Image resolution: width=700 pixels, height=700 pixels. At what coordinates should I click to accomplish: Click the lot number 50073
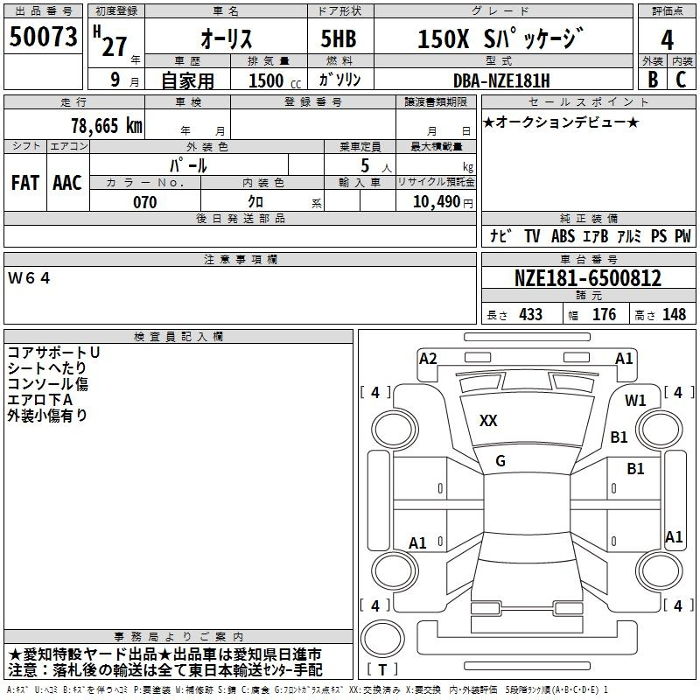click(x=43, y=37)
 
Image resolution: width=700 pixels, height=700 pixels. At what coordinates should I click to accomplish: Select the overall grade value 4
click(x=667, y=40)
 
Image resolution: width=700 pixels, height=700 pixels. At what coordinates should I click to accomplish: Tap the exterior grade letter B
click(x=653, y=80)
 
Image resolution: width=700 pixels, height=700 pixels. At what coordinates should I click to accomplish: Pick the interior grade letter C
click(x=681, y=80)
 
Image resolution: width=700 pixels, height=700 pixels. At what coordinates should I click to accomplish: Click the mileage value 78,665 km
click(x=107, y=126)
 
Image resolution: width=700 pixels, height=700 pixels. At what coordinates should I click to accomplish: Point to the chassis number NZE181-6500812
click(x=588, y=278)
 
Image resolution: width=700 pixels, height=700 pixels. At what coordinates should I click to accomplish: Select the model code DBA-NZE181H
click(x=501, y=80)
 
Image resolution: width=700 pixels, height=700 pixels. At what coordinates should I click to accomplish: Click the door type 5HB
click(x=339, y=38)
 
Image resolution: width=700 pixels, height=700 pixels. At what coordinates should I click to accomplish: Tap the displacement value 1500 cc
click(x=275, y=80)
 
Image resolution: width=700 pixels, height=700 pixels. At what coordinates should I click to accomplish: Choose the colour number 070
click(x=145, y=202)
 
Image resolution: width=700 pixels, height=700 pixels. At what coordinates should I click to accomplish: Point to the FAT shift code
click(x=25, y=183)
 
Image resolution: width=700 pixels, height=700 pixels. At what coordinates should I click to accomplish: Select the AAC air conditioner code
click(x=67, y=183)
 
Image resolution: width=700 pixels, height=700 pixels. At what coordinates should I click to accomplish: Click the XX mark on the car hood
click(x=488, y=421)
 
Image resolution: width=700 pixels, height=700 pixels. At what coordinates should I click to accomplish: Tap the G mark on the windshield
click(x=500, y=461)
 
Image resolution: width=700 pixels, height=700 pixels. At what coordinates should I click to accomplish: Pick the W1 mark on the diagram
click(x=635, y=401)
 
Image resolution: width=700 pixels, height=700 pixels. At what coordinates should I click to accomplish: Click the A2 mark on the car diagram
click(x=428, y=359)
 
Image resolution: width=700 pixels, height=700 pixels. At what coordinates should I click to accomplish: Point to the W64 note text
click(x=29, y=278)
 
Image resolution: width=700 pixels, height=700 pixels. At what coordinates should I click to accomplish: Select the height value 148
click(x=674, y=314)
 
